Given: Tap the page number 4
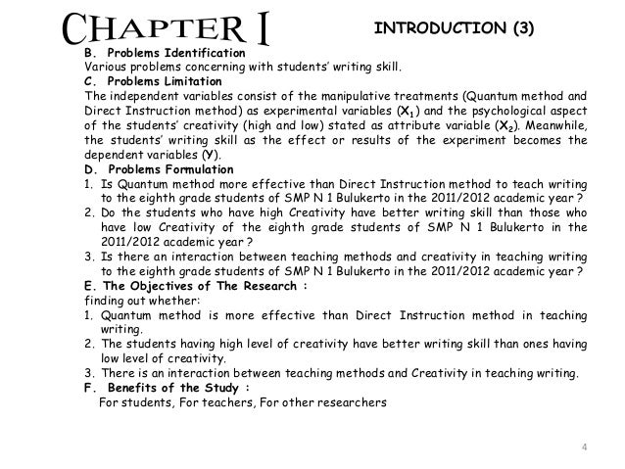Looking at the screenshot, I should pyautogui.click(x=585, y=449).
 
